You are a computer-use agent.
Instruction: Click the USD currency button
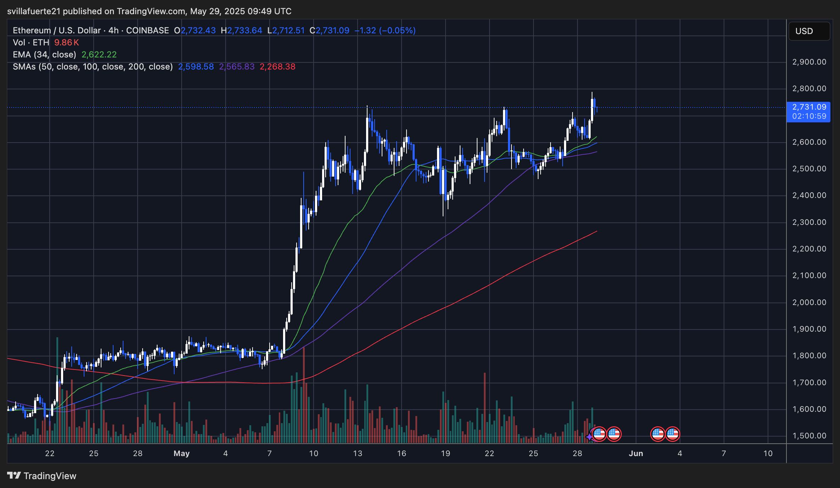tap(808, 31)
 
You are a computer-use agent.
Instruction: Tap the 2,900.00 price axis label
tap(809, 62)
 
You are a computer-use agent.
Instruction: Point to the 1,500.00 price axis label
tap(809, 436)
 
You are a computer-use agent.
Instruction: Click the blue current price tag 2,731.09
tap(809, 107)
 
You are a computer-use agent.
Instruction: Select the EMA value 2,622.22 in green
tap(99, 55)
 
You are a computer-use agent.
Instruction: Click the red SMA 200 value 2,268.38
tap(277, 67)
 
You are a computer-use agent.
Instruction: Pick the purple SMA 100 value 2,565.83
tap(237, 67)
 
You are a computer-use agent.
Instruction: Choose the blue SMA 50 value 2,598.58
tap(196, 67)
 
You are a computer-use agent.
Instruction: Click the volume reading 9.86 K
tap(66, 43)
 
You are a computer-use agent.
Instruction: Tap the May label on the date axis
tap(182, 453)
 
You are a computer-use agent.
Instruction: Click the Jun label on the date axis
tap(636, 453)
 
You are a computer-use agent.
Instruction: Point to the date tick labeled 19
tap(445, 453)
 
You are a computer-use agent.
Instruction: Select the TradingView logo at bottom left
tap(42, 476)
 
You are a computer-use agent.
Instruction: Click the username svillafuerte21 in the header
tap(34, 11)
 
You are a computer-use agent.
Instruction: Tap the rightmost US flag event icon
tap(672, 434)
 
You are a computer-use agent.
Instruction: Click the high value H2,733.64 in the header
tap(242, 30)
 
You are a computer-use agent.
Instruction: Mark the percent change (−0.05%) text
tap(397, 30)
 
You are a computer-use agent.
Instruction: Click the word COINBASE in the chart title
tap(148, 30)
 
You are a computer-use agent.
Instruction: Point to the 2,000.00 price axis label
tap(809, 302)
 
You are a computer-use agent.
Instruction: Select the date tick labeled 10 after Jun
tap(768, 453)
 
